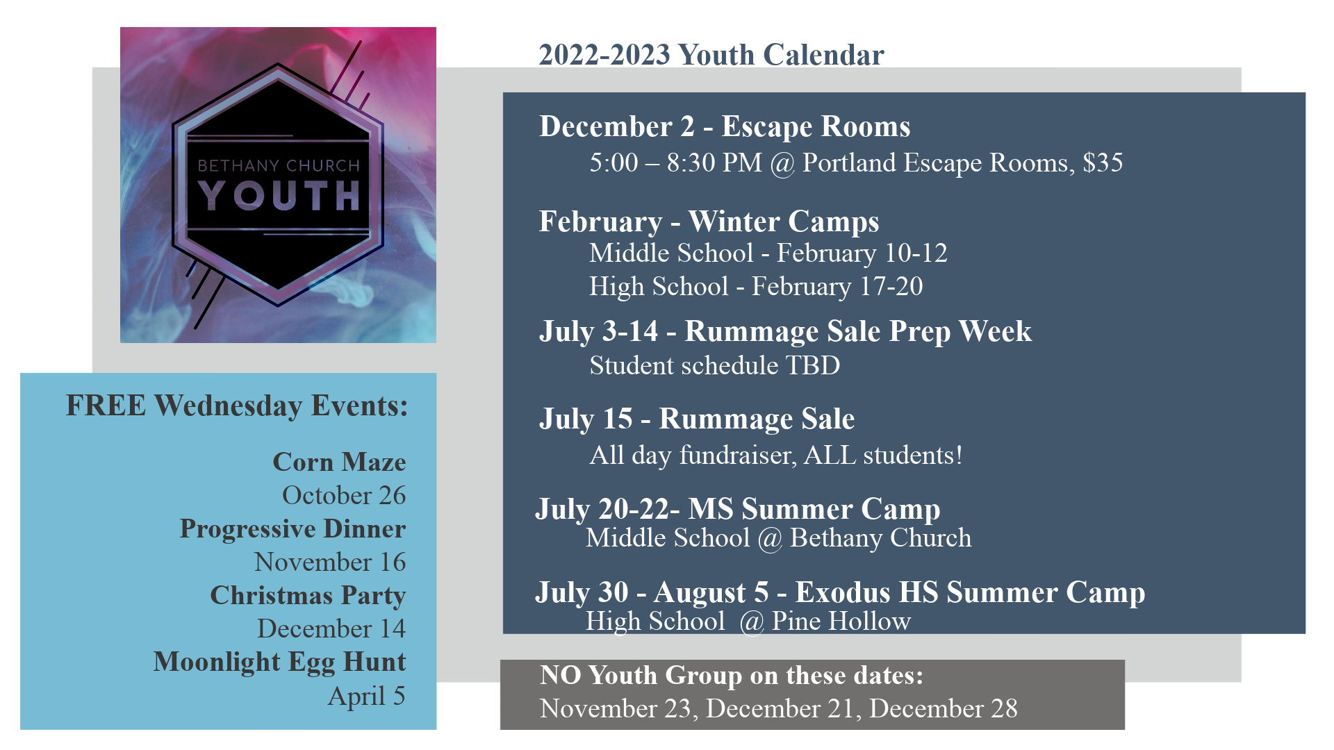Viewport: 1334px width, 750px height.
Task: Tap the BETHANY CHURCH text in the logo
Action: point(279,165)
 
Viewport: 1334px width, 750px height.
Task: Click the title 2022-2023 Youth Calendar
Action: point(711,55)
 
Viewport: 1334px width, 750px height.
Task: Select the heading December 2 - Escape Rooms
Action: point(725,126)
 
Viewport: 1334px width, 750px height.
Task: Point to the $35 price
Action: point(1103,162)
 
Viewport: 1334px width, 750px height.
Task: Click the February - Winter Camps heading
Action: point(709,222)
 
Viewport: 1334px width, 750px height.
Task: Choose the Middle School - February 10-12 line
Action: point(768,253)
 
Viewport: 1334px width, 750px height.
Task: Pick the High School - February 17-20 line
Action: point(756,286)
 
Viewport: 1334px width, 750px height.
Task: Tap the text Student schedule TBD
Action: point(714,365)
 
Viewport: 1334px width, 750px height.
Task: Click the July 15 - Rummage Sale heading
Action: point(696,419)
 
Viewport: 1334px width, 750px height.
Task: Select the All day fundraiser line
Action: point(775,455)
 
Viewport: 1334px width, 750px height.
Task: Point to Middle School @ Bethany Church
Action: point(778,538)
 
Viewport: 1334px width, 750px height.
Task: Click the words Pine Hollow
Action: point(841,621)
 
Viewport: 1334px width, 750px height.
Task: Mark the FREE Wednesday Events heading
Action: point(237,406)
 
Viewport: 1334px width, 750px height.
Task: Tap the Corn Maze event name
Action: point(339,462)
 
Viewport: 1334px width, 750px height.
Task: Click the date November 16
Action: point(330,562)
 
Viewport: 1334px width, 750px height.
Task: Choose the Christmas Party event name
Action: point(308,596)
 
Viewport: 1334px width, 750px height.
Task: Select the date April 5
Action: point(366,696)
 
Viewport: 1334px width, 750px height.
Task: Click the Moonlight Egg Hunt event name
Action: point(279,662)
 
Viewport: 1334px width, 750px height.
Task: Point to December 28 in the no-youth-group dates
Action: point(943,708)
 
